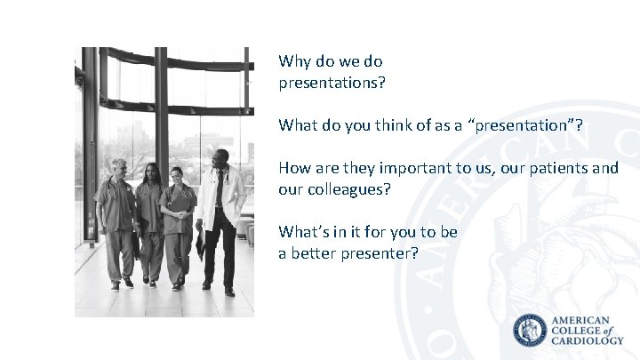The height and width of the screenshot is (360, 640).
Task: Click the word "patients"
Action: (556, 168)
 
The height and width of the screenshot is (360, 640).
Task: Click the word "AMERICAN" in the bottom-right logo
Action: (582, 320)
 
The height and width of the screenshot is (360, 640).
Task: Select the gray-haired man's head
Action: (118, 167)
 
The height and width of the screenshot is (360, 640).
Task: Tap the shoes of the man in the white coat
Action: (218, 287)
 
